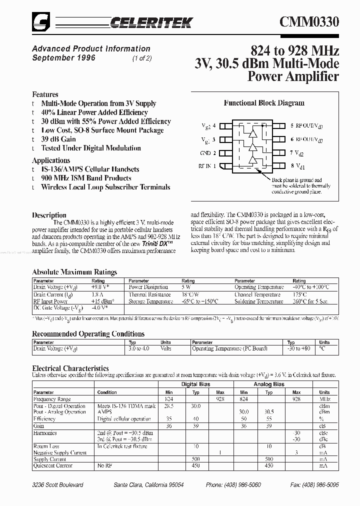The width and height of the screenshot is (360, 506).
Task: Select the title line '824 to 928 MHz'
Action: [294, 50]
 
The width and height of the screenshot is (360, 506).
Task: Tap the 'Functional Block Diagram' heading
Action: [263, 103]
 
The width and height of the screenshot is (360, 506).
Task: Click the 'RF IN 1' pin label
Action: [207, 166]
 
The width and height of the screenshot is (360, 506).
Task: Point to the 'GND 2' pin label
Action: [208, 153]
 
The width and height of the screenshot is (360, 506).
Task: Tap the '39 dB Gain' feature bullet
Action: [58, 139]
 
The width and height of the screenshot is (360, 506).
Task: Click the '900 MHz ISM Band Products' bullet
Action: [86, 178]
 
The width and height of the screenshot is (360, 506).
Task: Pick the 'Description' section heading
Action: [49, 215]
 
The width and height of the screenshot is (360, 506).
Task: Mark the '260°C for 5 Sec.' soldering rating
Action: [310, 302]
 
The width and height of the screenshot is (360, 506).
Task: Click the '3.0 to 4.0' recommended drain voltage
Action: [138, 348]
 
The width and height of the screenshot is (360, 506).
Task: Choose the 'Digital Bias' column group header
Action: [195, 384]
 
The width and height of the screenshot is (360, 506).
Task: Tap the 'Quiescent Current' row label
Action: [53, 466]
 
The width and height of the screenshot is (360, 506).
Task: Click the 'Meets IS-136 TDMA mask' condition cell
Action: [126, 406]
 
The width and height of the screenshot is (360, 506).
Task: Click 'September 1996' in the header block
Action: [63, 58]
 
